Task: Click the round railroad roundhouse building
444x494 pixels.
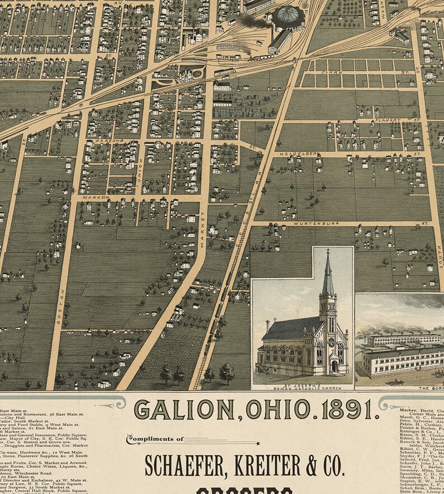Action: click(x=289, y=17)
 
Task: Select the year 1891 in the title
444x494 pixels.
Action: click(x=343, y=410)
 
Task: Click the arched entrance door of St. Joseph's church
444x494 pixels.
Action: click(x=334, y=366)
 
